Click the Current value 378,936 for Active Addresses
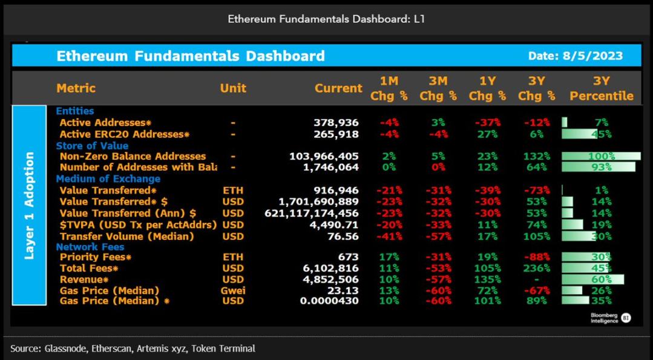pos(336,122)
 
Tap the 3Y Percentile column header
pos(601,88)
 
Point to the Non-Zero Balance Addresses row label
pos(133,156)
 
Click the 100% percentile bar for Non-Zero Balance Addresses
pos(601,156)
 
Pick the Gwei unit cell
pos(233,290)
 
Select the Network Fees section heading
pos(90,247)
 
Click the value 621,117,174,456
pos(312,213)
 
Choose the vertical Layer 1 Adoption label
pos(29,206)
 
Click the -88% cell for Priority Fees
pos(538,257)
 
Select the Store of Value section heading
pos(92,145)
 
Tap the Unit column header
pos(233,88)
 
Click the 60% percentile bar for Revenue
pos(601,280)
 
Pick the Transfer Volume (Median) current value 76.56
pos(344,236)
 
